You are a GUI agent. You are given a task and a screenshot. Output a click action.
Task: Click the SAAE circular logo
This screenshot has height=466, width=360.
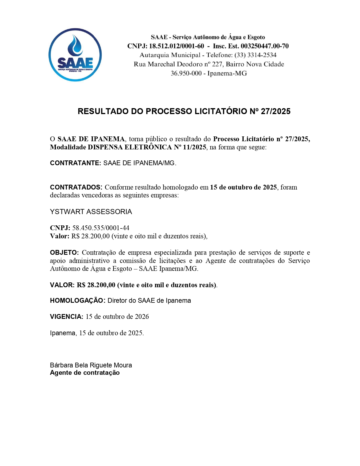75,55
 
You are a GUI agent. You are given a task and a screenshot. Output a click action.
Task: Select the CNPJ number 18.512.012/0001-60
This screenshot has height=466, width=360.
176,46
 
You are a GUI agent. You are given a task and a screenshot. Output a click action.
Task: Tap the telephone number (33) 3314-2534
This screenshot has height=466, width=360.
256,55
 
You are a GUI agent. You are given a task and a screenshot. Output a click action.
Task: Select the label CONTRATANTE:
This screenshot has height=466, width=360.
75,163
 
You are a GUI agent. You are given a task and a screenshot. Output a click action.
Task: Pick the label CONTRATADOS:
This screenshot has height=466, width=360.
76,187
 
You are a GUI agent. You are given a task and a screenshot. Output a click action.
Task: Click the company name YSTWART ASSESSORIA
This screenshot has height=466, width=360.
91,212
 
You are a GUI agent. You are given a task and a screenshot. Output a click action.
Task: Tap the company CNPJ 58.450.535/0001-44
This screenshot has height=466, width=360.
101,228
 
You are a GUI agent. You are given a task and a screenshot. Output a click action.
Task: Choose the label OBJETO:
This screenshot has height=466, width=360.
64,252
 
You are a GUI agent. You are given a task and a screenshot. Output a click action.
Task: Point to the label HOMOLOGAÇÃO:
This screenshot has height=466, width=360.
78,300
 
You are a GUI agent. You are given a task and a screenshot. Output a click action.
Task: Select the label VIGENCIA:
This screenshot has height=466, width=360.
67,317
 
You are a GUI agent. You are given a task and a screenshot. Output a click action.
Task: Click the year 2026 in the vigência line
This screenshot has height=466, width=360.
142,317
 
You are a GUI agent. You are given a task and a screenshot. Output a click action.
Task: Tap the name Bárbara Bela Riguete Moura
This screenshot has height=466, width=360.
91,365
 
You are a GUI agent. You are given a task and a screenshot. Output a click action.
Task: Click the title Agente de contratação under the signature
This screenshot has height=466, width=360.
85,373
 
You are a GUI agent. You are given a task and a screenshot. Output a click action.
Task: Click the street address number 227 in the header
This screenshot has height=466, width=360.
217,64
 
